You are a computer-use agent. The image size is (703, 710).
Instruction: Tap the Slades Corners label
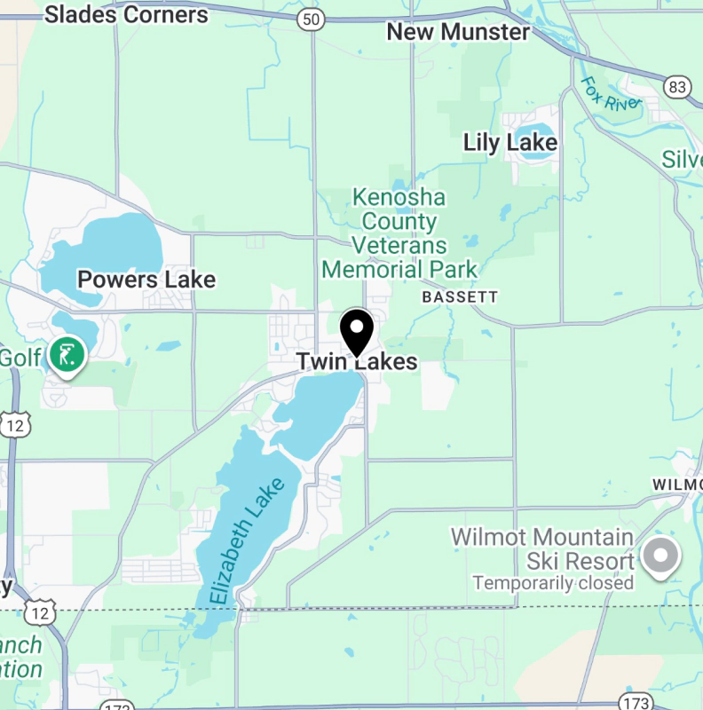[x=126, y=14]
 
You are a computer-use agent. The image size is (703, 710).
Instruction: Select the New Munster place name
[x=458, y=32]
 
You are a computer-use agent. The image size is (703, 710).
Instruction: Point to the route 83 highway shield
[x=677, y=86]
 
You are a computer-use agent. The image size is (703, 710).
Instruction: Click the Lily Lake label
[x=510, y=142]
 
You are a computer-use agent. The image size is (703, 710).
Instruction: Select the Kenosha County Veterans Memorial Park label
[x=399, y=233]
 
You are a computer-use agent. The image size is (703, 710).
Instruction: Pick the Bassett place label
[x=460, y=296]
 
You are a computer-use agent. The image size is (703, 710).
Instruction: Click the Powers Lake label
[x=146, y=280]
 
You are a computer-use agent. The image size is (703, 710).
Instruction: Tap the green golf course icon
[x=67, y=354]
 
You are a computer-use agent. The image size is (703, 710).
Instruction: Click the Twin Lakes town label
[x=356, y=362]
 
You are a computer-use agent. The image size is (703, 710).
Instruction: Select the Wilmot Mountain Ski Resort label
[x=542, y=548]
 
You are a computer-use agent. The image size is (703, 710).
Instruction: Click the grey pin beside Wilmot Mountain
[x=660, y=556]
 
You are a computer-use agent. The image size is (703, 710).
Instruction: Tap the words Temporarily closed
[x=553, y=583]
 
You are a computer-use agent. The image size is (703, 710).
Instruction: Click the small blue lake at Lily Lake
[x=534, y=147]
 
